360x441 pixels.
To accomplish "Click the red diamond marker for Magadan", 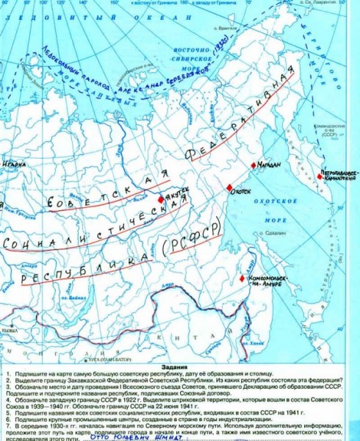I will (253, 165).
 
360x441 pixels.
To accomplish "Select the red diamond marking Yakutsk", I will (161, 198).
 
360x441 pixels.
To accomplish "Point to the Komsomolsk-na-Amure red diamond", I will (245, 279).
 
